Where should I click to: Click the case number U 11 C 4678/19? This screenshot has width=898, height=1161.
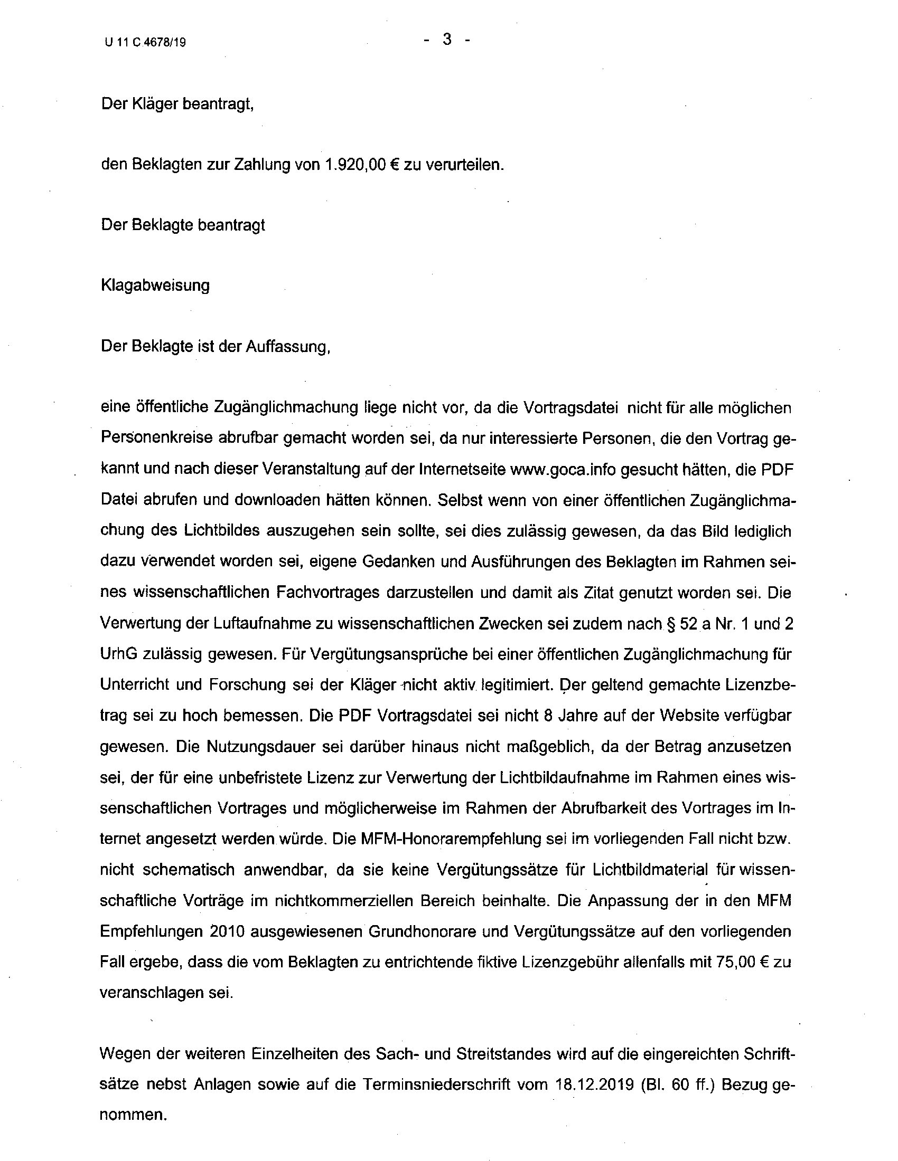145,43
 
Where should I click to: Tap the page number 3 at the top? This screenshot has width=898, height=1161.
447,40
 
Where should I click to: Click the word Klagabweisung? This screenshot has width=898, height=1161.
155,286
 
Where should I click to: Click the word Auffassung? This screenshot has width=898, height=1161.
287,347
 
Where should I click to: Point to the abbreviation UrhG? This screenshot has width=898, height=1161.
117,654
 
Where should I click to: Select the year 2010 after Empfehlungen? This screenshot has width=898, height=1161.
227,931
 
